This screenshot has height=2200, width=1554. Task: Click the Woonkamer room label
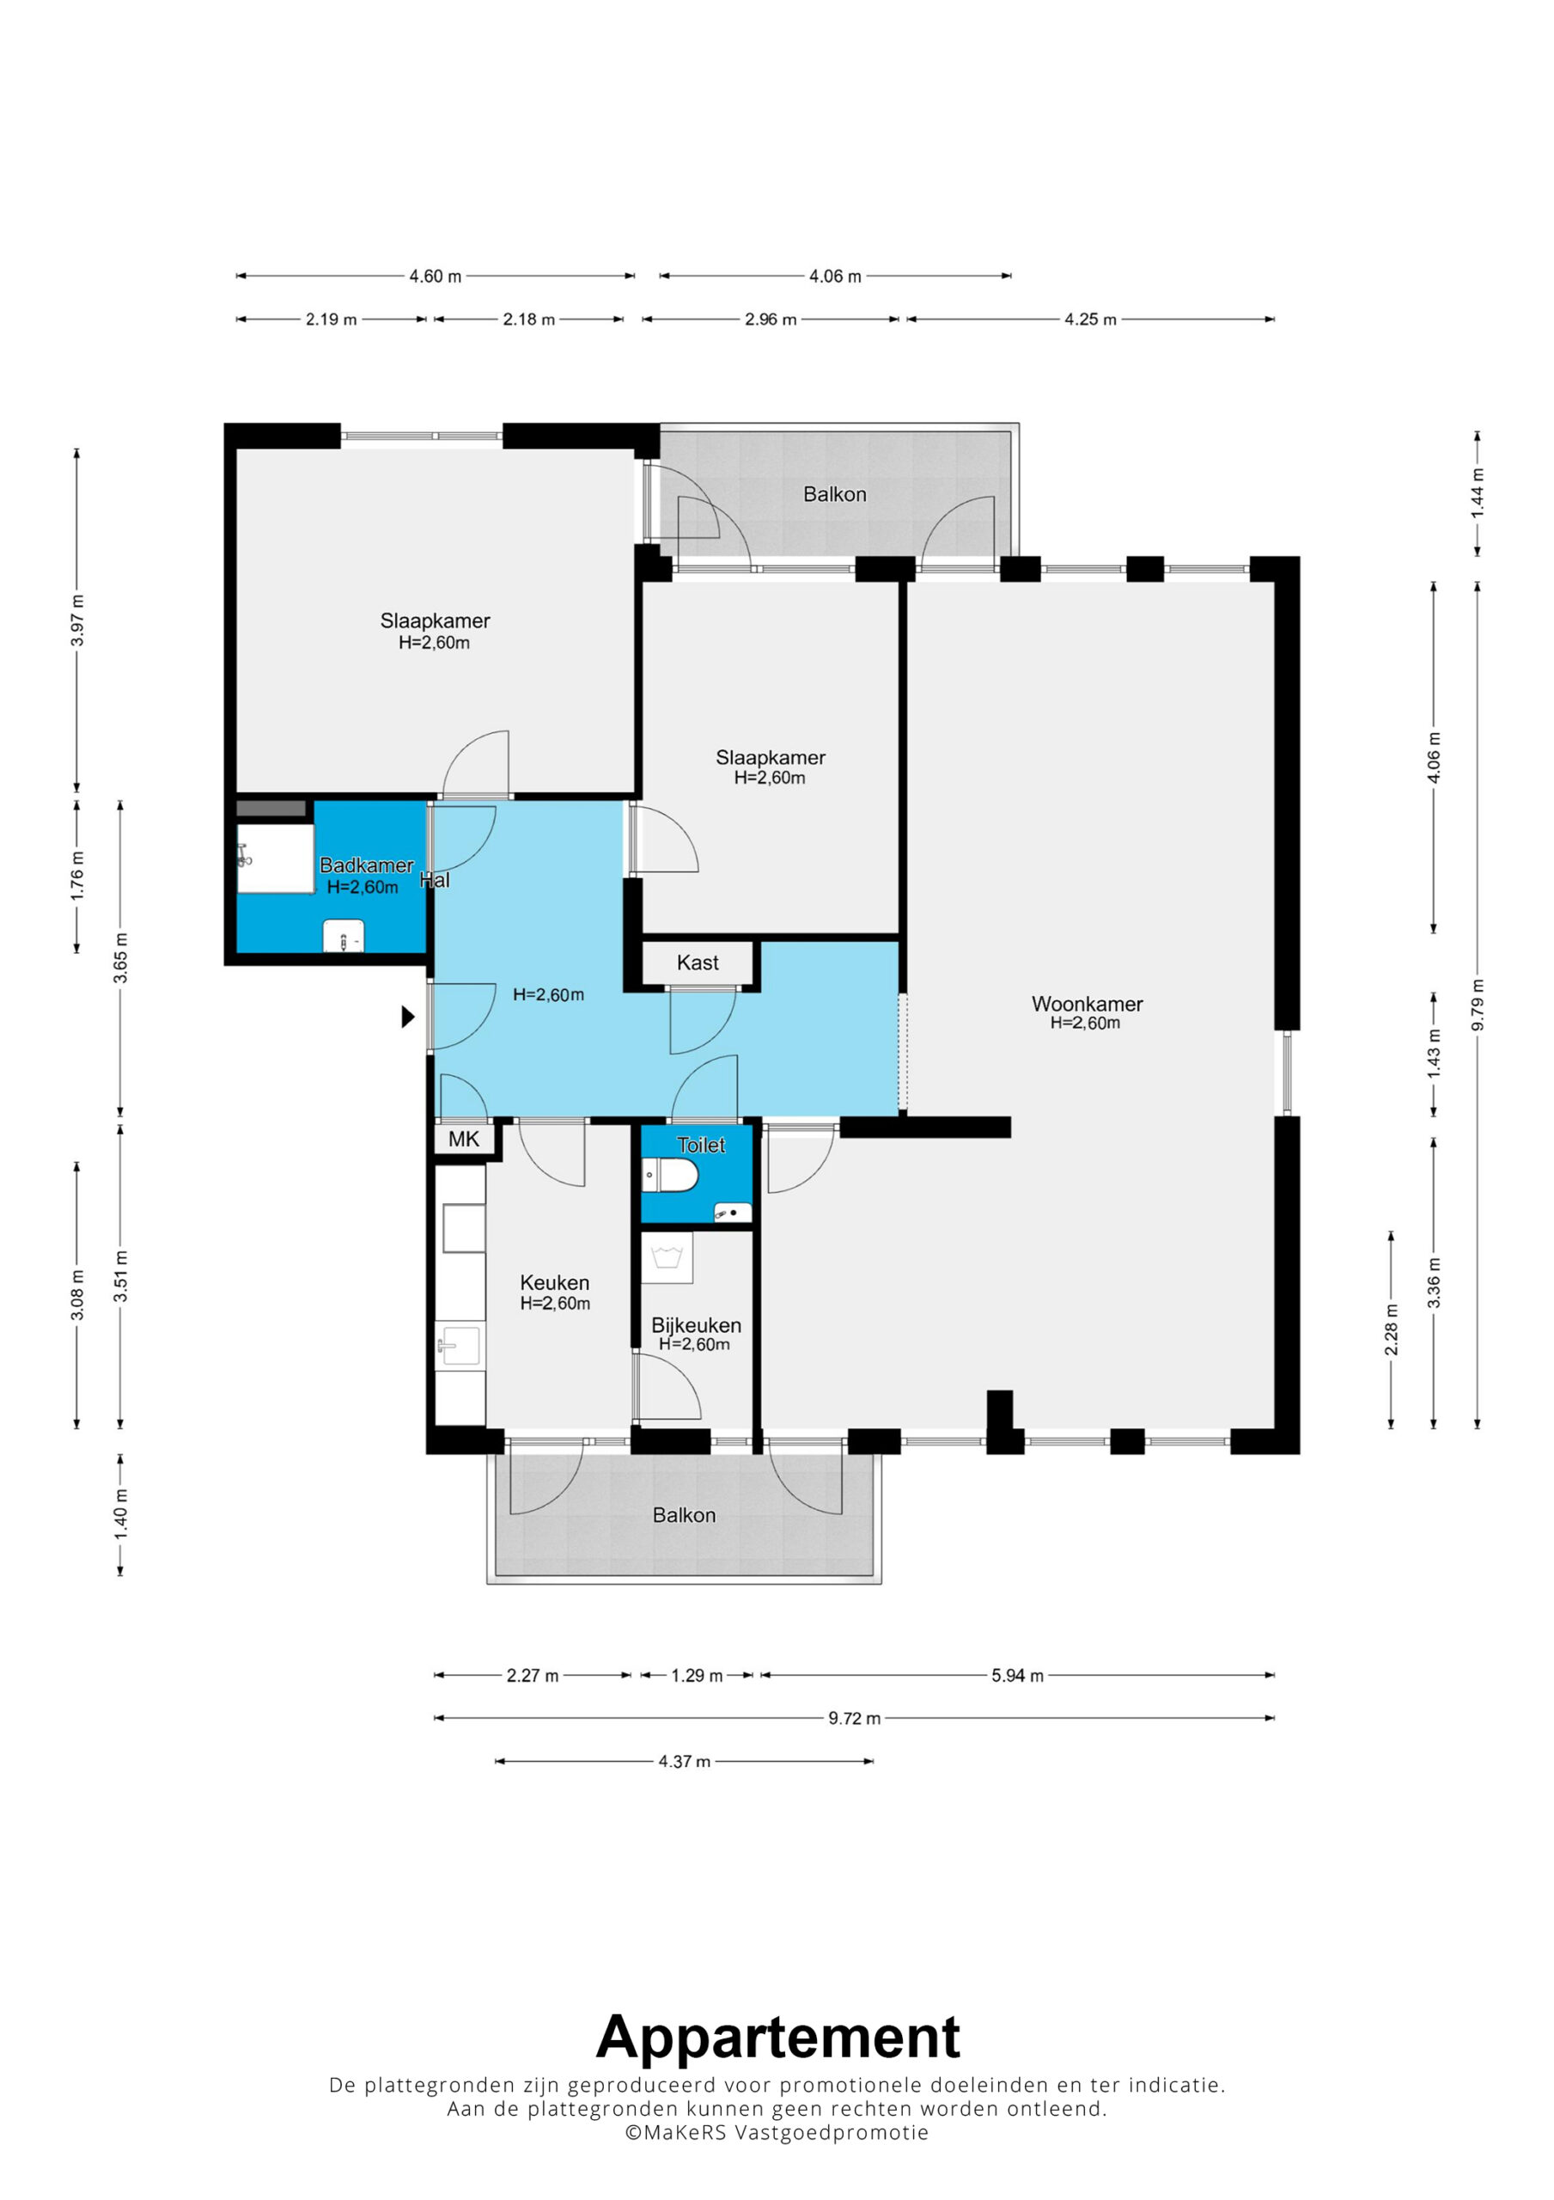(1087, 1003)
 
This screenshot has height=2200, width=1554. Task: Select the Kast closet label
(698, 962)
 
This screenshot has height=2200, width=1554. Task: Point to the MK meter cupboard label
(464, 1139)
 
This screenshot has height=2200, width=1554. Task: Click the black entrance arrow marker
(408, 1017)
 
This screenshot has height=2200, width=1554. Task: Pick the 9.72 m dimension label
(855, 1718)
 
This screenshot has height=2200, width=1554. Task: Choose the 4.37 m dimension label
(684, 1761)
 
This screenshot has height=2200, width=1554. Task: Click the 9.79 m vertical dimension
(1478, 1005)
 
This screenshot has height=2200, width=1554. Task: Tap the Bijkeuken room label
(697, 1325)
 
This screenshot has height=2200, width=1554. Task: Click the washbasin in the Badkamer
(343, 935)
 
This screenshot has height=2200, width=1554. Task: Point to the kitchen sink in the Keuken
(460, 1343)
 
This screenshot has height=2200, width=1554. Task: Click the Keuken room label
(555, 1282)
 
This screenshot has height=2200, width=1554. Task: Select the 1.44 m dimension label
(1478, 493)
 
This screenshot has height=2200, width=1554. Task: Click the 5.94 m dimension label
(1017, 1676)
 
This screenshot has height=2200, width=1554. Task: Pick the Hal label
(434, 880)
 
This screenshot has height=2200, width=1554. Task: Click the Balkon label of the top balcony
(834, 494)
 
